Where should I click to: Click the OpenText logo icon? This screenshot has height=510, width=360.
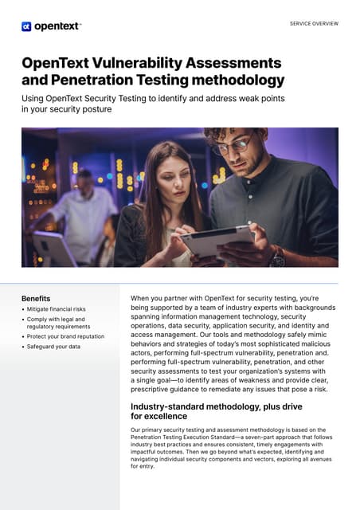click(26, 26)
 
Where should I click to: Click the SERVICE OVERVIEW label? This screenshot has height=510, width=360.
click(314, 24)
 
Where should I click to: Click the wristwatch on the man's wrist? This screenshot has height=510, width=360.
click(278, 257)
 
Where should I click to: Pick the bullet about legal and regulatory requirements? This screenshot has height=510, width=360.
click(59, 323)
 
